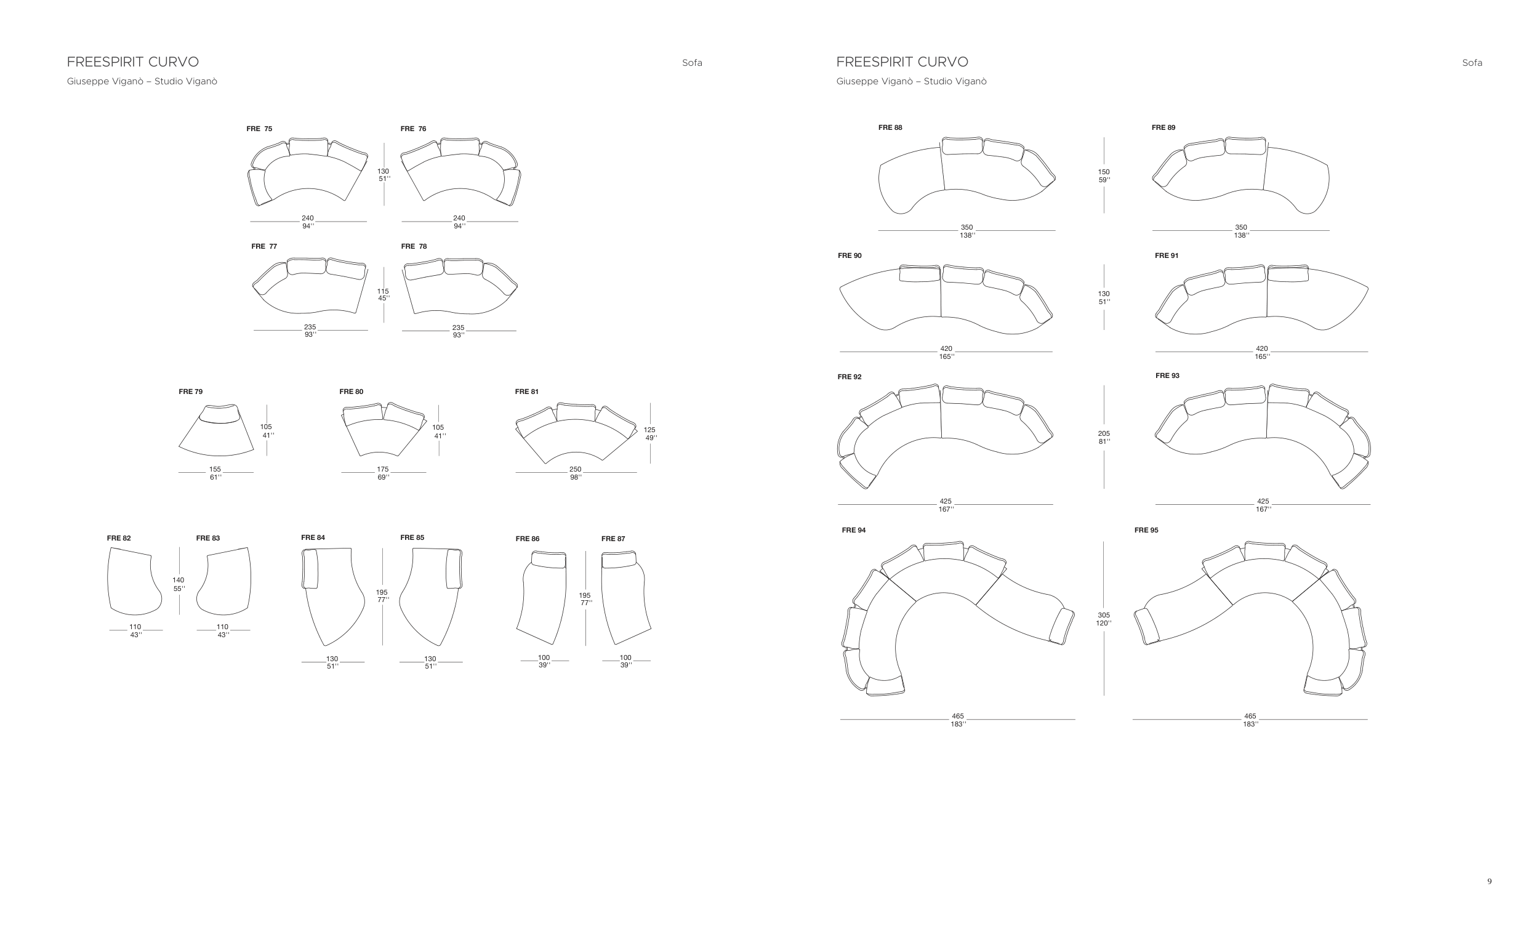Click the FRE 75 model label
pos(259,129)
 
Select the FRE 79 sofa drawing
pos(216,432)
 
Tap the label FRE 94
pos(853,530)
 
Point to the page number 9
pos(1489,882)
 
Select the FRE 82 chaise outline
pos(133,582)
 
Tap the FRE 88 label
pos(890,127)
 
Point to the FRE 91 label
pos(1166,255)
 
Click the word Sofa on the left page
pos(692,62)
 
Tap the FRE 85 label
pos(412,537)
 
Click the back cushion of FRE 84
pos(310,569)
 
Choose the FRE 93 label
pos(1167,376)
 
